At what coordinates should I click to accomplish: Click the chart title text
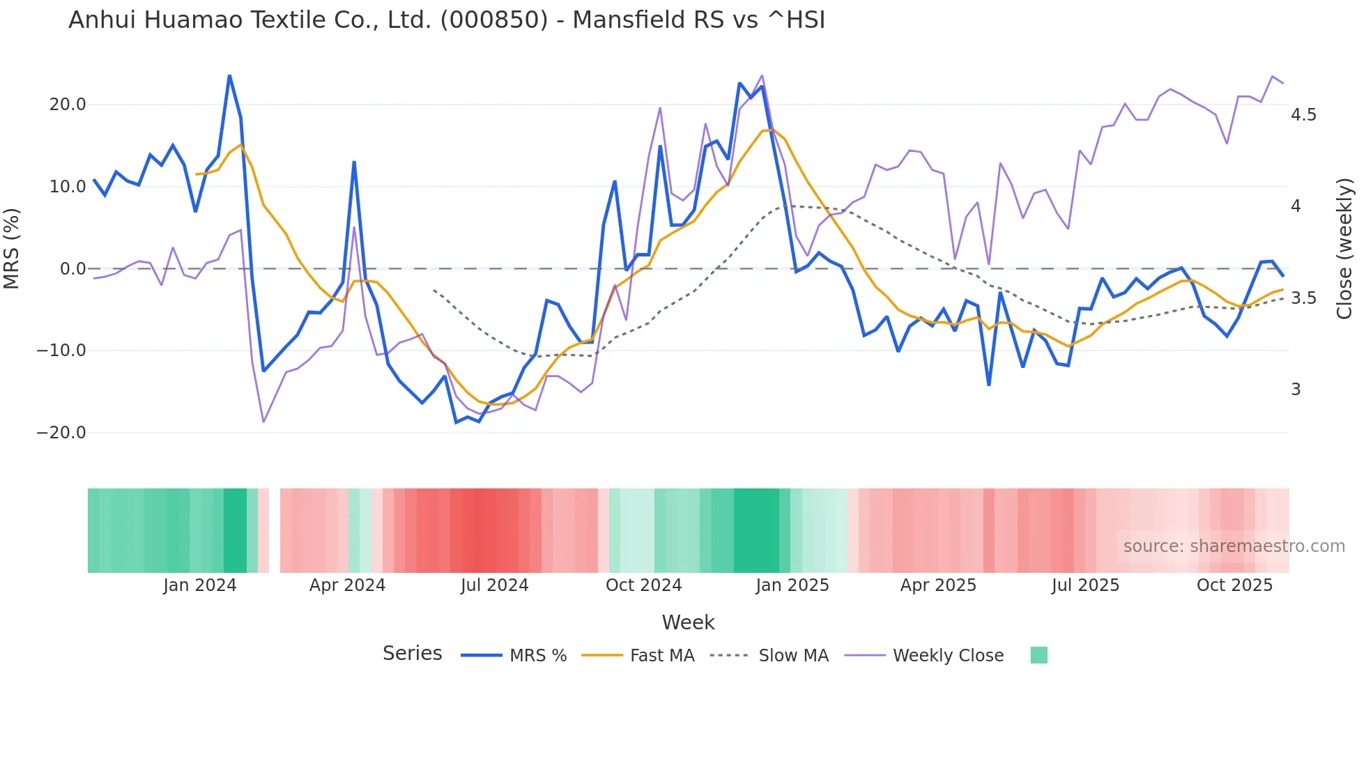point(446,20)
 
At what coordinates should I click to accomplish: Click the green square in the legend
point(1038,655)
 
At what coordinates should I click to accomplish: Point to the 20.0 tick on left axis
point(68,105)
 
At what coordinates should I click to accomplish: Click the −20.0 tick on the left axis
point(61,433)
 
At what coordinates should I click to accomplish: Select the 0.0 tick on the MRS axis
point(72,269)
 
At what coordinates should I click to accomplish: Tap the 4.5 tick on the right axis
point(1303,115)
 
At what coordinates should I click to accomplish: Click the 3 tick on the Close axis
point(1296,390)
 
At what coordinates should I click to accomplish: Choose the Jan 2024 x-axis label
point(200,585)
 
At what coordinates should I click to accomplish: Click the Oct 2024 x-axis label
point(643,585)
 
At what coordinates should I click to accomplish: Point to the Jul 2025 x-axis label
point(1085,585)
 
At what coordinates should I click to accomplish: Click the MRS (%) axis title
point(12,248)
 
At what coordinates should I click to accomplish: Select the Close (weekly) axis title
point(1344,248)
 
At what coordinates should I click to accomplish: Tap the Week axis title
point(688,622)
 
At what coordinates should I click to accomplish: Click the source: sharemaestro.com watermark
point(1234,546)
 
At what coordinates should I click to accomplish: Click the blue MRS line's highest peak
point(229,76)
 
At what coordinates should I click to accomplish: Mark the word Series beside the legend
point(412,654)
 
